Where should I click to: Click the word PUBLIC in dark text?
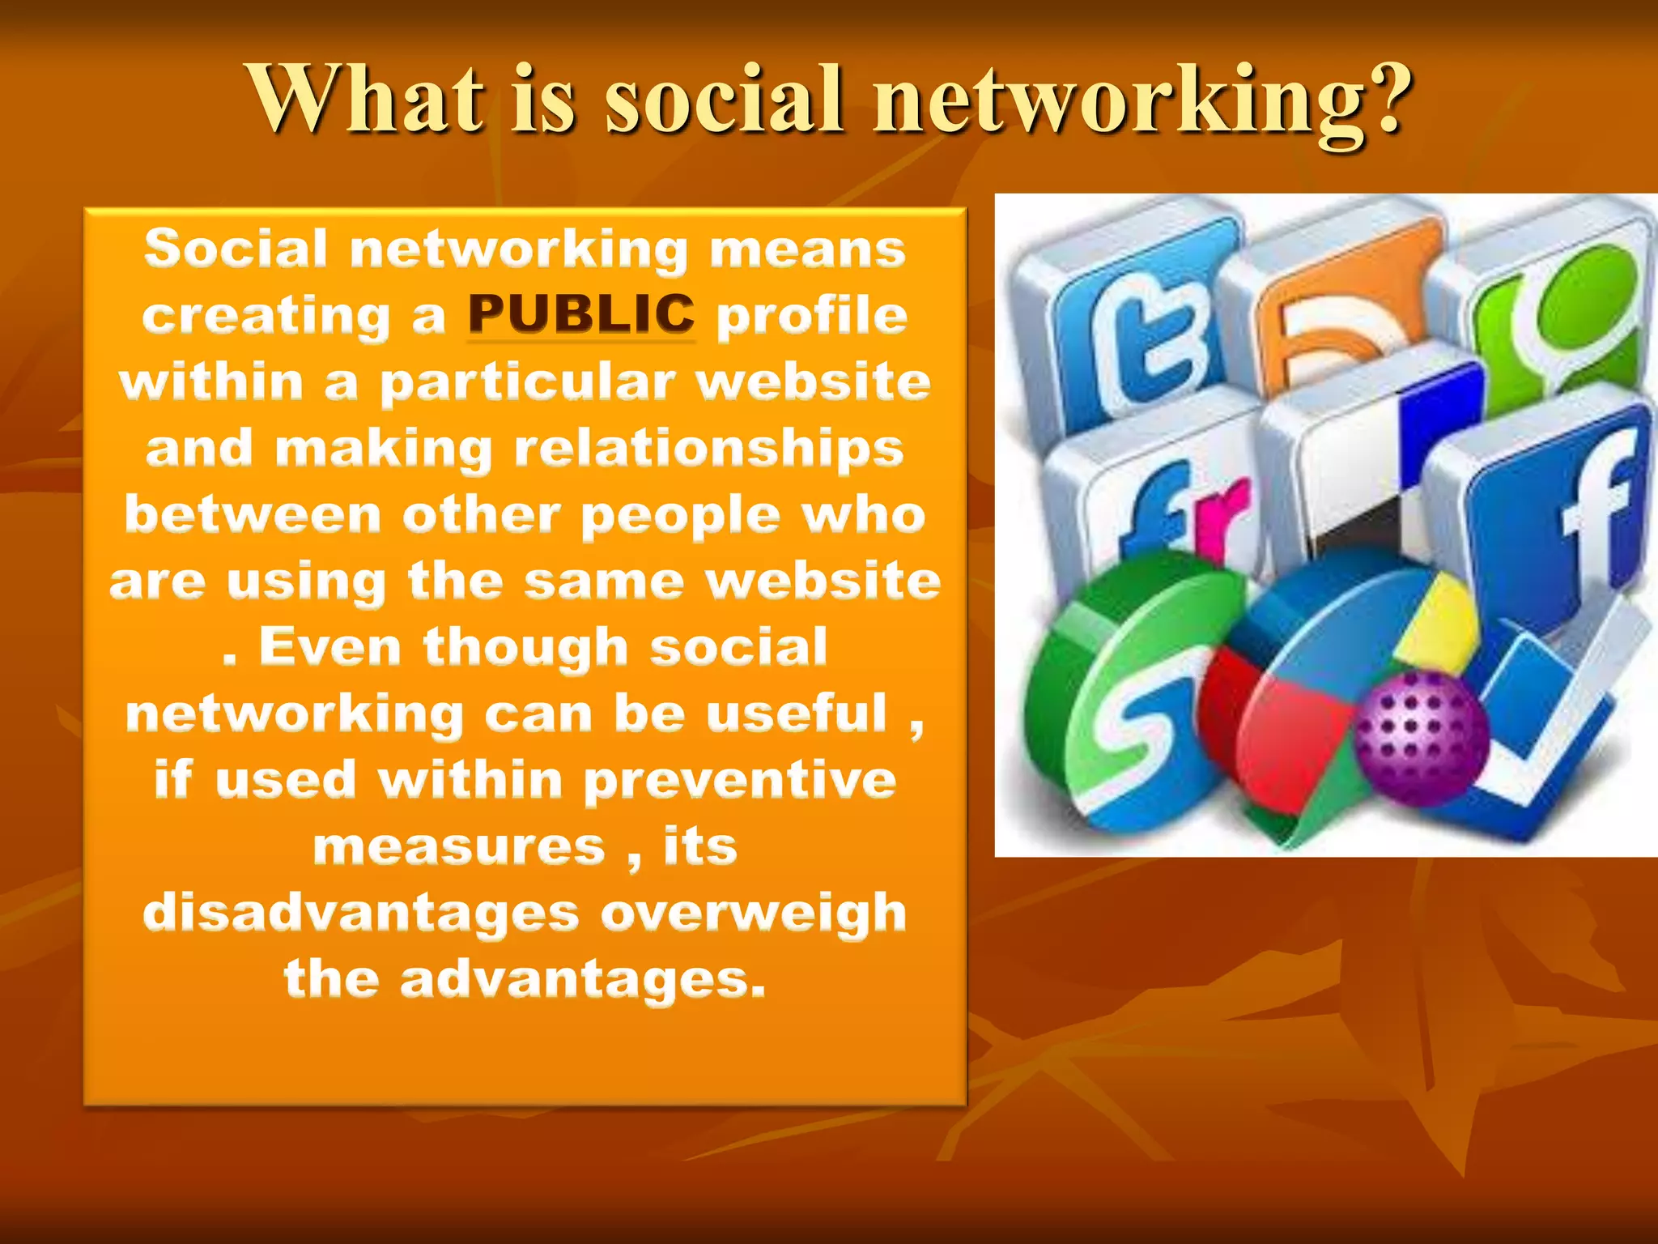click(581, 314)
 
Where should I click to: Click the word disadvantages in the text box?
click(360, 913)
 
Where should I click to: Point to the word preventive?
click(740, 781)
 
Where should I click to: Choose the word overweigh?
click(753, 913)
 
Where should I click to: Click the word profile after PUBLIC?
click(812, 316)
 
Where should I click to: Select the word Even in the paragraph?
click(330, 647)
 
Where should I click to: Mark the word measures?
click(459, 847)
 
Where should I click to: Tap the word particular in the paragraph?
click(528, 383)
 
